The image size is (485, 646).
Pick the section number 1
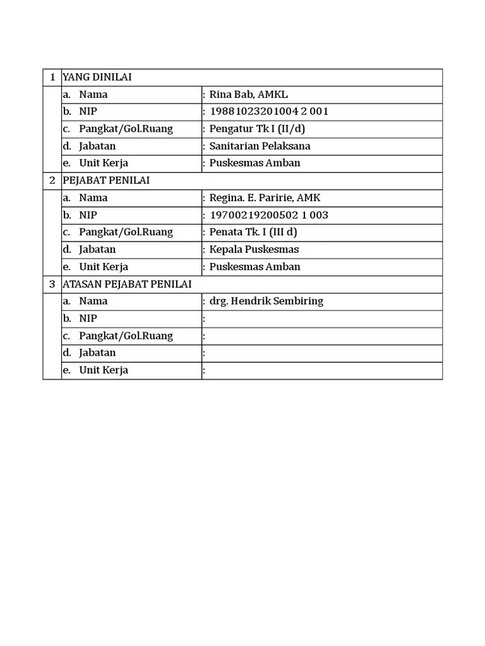coord(52,77)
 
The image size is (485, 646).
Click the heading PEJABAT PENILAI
coord(106,180)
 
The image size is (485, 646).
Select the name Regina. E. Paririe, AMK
coord(265,197)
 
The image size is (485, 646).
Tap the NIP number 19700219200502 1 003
coord(269,215)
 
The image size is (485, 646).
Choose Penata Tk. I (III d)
coord(253,232)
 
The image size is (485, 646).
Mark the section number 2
coord(52,180)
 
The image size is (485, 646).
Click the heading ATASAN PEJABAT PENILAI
coord(127,284)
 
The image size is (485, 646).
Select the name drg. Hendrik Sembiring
coord(266,301)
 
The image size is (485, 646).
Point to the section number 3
coord(52,284)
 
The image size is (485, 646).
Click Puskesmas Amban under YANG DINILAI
coord(254,163)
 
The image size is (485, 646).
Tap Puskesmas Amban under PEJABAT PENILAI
coord(254,266)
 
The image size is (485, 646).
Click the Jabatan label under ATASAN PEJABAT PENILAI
coord(97,353)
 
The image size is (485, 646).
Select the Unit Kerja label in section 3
coord(104,370)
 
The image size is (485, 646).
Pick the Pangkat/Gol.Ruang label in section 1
coord(126,129)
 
